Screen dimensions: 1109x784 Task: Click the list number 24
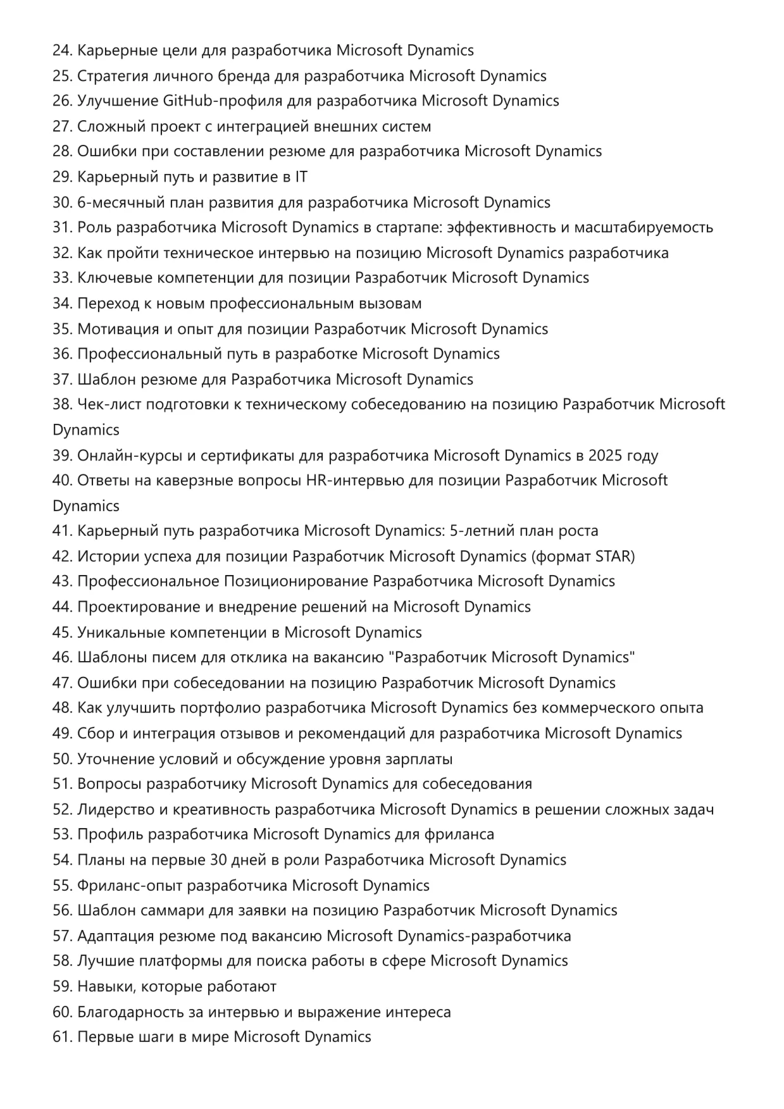tap(62, 51)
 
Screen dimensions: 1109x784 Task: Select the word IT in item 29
tap(301, 177)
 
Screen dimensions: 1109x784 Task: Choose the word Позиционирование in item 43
tap(296, 581)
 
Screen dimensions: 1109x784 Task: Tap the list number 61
tap(62, 1038)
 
